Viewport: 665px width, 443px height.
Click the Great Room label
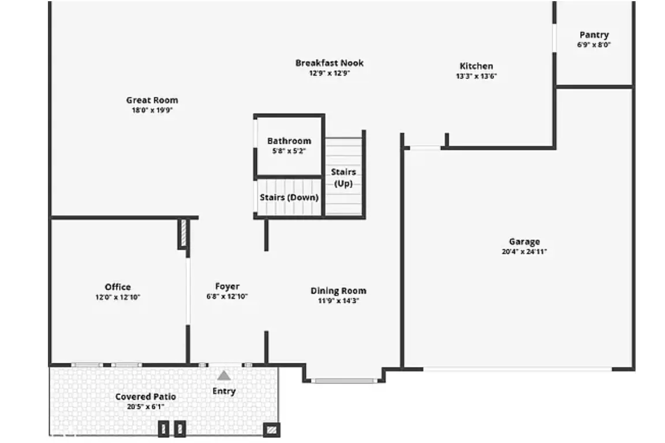[152, 100]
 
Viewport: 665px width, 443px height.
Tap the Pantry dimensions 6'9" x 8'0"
[594, 45]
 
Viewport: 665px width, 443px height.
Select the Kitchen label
[476, 66]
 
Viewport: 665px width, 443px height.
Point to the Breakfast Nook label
[330, 63]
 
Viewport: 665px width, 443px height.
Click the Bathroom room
[289, 145]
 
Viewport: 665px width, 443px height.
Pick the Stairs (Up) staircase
[344, 176]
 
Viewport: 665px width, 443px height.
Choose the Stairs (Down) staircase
[289, 197]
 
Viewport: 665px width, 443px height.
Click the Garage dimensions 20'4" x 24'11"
[524, 252]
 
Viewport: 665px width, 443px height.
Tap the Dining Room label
[338, 291]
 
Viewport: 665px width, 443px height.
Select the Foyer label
[227, 287]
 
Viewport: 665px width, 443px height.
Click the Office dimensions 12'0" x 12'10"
[118, 298]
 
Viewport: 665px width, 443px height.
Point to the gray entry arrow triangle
[224, 376]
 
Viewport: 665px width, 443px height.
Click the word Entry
[224, 391]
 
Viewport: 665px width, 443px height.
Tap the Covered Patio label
[145, 397]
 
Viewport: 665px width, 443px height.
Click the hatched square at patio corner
[271, 430]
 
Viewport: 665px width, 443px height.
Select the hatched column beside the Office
[184, 233]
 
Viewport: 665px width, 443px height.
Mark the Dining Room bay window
[344, 381]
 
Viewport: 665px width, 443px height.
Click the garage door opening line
[517, 370]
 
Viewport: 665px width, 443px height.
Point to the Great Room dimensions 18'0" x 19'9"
[152, 110]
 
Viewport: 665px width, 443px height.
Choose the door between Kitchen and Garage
[425, 148]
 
